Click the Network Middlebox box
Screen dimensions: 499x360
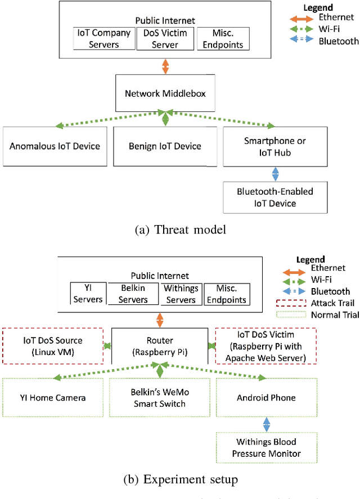click(165, 94)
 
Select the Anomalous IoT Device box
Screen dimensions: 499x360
click(55, 146)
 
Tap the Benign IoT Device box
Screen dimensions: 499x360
click(165, 146)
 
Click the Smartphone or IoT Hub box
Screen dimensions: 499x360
click(275, 146)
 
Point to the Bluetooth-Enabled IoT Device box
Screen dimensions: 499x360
click(275, 197)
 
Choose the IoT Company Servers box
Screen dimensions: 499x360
click(104, 39)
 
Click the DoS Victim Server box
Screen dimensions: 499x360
click(165, 39)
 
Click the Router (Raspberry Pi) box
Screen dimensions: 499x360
click(160, 345)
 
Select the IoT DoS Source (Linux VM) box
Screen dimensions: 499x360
click(53, 345)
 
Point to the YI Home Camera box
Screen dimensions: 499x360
click(55, 398)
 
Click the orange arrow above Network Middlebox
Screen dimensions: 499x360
click(165, 66)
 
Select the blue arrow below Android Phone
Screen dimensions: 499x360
click(268, 424)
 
